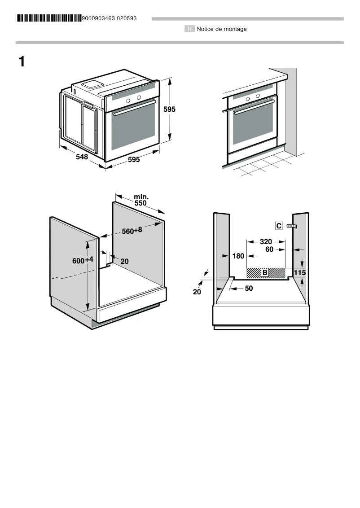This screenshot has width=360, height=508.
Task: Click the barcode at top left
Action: [x=48, y=18]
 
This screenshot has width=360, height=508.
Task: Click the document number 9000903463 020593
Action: [x=110, y=18]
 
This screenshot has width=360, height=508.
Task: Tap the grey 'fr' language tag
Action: [x=190, y=29]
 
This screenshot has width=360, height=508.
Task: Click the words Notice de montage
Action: [x=222, y=29]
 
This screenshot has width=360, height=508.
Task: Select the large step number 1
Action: [x=21, y=62]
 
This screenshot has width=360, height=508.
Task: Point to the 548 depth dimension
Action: [x=82, y=157]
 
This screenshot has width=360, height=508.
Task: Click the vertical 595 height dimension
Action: [x=169, y=109]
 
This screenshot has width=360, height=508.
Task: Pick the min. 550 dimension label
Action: [x=141, y=200]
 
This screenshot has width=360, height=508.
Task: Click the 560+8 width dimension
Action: [x=132, y=231]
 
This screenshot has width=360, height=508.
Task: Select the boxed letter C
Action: [x=279, y=226]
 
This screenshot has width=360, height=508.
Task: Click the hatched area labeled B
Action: [x=265, y=272]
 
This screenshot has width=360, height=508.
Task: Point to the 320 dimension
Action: [x=266, y=241]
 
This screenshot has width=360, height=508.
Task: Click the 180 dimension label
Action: [x=238, y=256]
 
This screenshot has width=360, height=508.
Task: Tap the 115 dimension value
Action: [x=299, y=272]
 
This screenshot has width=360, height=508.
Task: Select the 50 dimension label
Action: [x=249, y=289]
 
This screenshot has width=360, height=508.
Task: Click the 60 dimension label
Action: [x=269, y=250]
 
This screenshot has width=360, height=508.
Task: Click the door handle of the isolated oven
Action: [x=134, y=108]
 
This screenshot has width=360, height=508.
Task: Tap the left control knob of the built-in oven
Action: [x=247, y=98]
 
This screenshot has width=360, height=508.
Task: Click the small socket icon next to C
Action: [x=292, y=226]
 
